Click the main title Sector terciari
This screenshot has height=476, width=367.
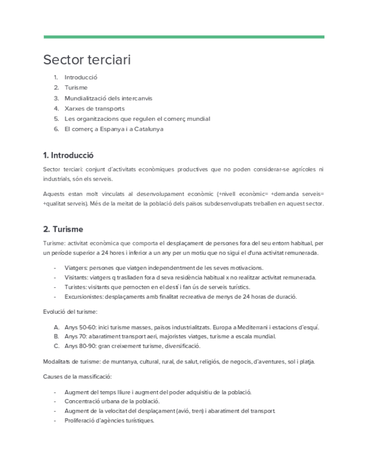pyautogui.click(x=87, y=59)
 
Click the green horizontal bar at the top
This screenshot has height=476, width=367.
pyautogui.click(x=183, y=37)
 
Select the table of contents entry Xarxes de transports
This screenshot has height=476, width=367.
pyautogui.click(x=94, y=108)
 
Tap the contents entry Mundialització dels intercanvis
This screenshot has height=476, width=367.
pyautogui.click(x=108, y=98)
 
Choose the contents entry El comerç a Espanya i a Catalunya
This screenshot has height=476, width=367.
pyautogui.click(x=114, y=129)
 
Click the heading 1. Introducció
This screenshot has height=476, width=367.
pyautogui.click(x=68, y=155)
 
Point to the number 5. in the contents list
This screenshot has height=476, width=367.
pyautogui.click(x=57, y=119)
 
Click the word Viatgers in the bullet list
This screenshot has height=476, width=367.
pyautogui.click(x=76, y=267)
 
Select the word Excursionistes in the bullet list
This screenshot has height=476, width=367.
pyautogui.click(x=85, y=296)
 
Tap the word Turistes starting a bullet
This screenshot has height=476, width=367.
pyautogui.click(x=75, y=287)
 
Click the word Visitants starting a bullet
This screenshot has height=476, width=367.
pyautogui.click(x=76, y=277)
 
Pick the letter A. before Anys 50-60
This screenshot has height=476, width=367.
pyautogui.click(x=56, y=327)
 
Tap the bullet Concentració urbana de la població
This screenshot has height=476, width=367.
pyautogui.click(x=112, y=401)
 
